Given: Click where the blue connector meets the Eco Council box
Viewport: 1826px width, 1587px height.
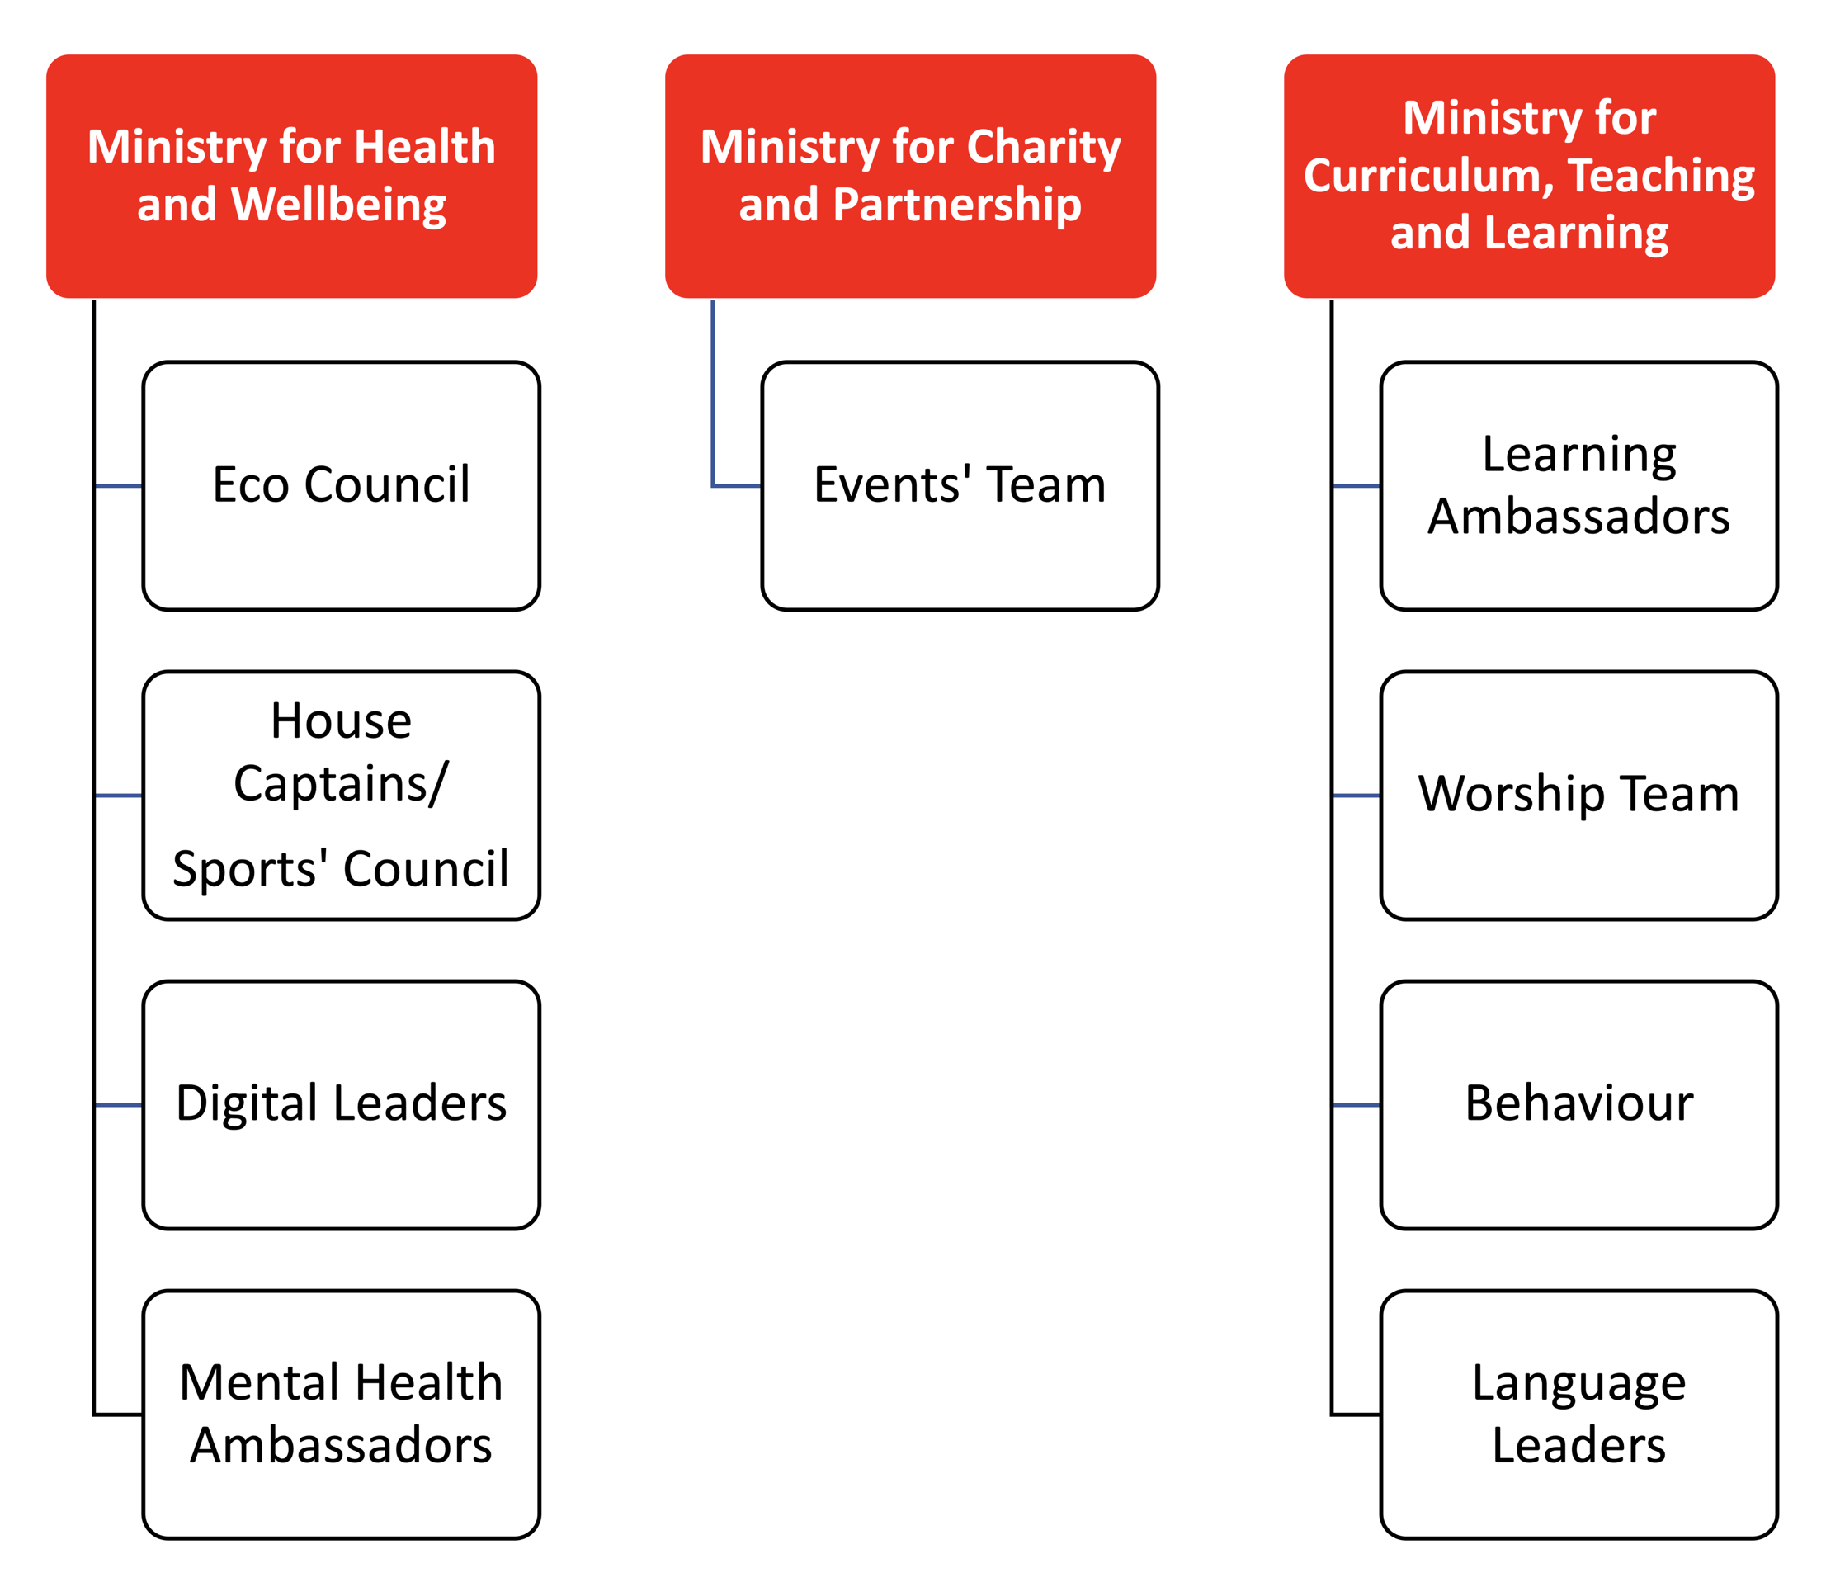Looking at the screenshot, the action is [x=143, y=486].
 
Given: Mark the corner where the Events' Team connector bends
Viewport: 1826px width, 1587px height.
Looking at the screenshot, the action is [x=713, y=486].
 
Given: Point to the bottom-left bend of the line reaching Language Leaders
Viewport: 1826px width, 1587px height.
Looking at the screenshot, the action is [x=1332, y=1415].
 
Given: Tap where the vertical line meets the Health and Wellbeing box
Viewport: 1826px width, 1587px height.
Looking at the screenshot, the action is [x=94, y=300].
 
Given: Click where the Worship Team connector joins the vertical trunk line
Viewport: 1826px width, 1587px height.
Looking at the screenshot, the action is [x=1332, y=796].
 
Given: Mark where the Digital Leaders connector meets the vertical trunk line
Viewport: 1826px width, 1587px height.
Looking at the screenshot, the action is [x=94, y=1105].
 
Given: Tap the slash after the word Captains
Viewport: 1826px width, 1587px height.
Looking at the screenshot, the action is [x=439, y=784].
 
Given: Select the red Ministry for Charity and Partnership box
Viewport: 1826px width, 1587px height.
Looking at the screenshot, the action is [x=910, y=177].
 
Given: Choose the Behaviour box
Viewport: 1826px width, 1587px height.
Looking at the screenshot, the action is [x=1579, y=1105].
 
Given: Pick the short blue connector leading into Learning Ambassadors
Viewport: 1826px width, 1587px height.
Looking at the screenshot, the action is [x=1357, y=486].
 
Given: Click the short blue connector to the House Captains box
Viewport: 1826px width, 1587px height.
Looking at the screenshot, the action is [x=119, y=796].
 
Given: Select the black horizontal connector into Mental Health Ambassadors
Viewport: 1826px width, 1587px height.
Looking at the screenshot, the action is [x=119, y=1415].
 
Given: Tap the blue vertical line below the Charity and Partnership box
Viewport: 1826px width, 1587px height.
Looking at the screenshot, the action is [x=713, y=393].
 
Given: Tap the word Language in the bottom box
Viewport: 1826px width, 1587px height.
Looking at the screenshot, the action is [x=1579, y=1385].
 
